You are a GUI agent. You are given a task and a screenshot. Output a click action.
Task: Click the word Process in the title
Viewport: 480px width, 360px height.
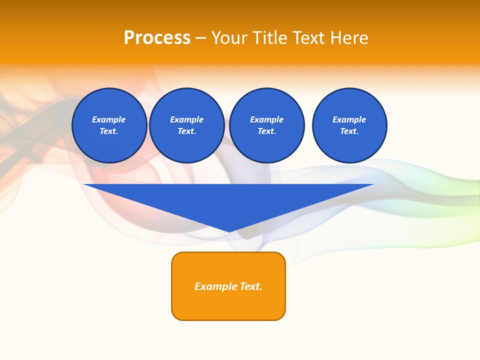(157, 38)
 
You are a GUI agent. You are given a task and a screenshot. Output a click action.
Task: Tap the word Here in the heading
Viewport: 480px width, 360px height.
(348, 38)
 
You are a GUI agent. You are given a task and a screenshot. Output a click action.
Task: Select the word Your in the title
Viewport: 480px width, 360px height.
(230, 38)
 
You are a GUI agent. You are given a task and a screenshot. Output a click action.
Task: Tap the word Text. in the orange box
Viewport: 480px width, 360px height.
(251, 286)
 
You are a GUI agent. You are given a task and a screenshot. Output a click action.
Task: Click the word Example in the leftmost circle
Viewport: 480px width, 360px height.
(109, 119)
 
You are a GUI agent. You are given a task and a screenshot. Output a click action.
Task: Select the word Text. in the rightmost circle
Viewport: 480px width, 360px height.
(349, 131)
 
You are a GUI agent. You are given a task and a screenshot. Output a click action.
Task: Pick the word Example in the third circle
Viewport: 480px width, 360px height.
(266, 119)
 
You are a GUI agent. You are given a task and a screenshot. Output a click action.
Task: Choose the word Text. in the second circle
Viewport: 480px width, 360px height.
(186, 131)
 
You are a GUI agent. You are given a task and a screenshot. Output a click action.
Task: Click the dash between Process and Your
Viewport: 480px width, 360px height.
(200, 38)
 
